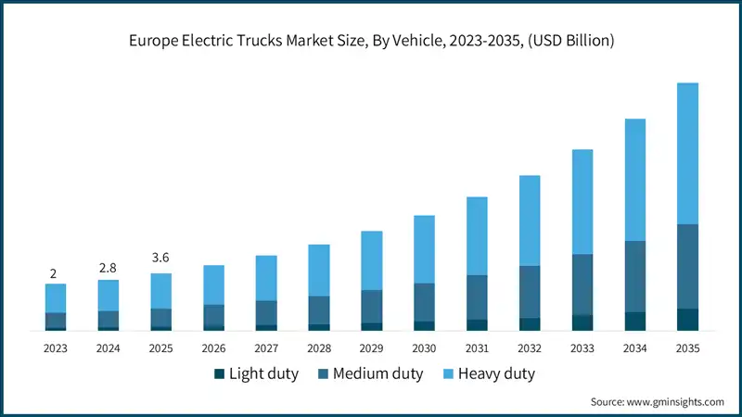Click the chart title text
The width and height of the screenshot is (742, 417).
point(371,42)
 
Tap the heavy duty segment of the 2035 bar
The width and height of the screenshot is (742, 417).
point(687,153)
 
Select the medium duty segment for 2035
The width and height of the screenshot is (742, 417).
point(687,266)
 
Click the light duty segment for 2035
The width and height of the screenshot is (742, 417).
point(687,319)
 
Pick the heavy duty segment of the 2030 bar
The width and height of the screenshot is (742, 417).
point(424,249)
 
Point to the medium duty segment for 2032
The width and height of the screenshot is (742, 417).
point(530,292)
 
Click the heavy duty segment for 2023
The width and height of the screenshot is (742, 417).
point(56,298)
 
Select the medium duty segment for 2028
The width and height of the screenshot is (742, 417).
point(319,310)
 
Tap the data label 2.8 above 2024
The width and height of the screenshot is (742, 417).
point(109,267)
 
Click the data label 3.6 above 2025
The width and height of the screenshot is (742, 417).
point(160,258)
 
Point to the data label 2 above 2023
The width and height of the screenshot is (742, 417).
point(54,273)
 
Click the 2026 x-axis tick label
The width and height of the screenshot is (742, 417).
point(213,348)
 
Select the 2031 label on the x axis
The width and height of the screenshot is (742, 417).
point(477,348)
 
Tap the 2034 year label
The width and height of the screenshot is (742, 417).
point(634,348)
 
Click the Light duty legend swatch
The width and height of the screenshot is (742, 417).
point(219,374)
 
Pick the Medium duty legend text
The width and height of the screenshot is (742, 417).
point(378,374)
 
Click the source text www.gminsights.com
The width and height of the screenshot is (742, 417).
point(657,401)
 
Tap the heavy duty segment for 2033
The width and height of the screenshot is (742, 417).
point(582,202)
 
